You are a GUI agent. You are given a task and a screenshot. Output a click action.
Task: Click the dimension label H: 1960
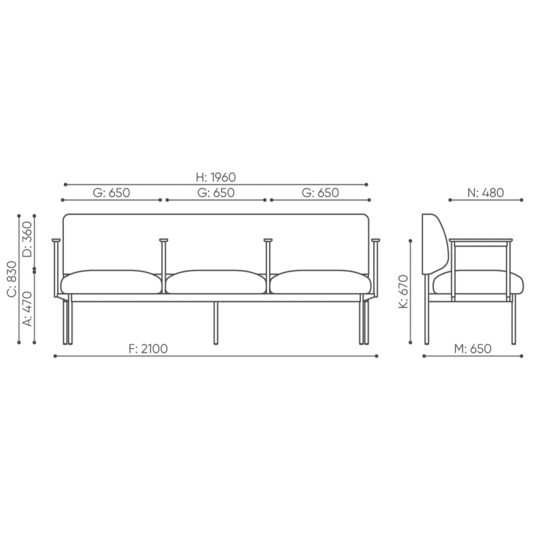(216, 177)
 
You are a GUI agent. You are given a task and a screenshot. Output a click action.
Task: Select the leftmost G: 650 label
(111, 193)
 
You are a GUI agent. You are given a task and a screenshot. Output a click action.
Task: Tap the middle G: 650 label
(216, 193)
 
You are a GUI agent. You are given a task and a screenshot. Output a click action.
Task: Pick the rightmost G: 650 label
(320, 193)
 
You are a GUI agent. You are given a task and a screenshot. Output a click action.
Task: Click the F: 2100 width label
(148, 349)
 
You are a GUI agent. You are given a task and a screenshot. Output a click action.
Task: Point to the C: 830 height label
(12, 279)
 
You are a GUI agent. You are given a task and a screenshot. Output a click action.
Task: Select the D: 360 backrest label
(27, 239)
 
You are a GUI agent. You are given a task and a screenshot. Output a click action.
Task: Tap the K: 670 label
(403, 292)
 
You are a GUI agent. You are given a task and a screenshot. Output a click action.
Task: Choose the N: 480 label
(486, 193)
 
